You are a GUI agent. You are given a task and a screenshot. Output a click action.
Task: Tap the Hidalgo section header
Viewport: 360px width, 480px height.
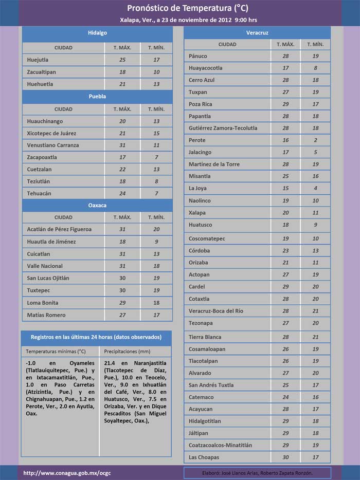pos(97,33)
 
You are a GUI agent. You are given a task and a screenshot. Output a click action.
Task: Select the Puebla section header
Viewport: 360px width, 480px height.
pos(97,96)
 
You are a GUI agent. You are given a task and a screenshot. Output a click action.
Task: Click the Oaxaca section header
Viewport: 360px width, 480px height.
pos(97,205)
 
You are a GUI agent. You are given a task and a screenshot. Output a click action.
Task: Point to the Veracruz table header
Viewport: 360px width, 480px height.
pos(257,32)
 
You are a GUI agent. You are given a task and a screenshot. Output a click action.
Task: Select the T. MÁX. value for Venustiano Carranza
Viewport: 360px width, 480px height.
pos(122,145)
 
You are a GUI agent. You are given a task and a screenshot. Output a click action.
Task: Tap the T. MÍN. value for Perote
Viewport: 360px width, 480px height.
pos(315,140)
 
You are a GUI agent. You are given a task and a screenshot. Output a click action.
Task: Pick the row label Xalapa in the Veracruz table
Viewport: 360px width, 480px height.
pos(197,212)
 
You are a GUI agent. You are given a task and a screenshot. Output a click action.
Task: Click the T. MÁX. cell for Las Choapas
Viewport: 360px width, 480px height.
pos(285,457)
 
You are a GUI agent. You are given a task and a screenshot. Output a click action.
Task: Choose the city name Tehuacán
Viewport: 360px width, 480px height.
pos(39,193)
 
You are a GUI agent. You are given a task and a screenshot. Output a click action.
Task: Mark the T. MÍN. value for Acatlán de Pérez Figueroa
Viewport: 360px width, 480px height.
pos(156,229)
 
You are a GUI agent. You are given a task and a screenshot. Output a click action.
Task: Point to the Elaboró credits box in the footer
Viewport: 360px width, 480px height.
pos(257,473)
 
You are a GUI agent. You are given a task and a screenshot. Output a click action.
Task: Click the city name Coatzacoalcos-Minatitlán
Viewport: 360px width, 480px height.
pos(220,445)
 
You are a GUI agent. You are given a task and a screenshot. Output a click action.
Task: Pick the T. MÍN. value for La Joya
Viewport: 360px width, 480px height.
pos(315,188)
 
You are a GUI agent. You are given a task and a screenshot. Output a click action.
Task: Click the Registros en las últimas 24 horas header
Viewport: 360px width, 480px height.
pos(96,337)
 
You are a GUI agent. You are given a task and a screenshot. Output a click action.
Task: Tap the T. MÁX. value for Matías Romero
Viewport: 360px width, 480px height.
pos(122,315)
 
